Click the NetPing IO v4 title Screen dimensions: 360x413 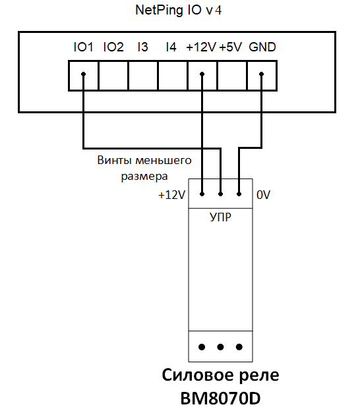click(x=179, y=11)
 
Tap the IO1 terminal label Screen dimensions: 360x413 click(x=83, y=47)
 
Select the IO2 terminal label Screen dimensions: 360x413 click(x=113, y=47)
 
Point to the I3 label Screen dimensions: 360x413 click(x=142, y=47)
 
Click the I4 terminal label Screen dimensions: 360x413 click(x=171, y=47)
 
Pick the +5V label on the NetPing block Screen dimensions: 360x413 click(x=230, y=47)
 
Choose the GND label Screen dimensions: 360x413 click(x=262, y=47)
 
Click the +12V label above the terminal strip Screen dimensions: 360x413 click(x=201, y=47)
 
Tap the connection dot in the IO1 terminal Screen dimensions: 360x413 click(x=83, y=74)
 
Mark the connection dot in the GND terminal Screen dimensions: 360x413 click(x=261, y=74)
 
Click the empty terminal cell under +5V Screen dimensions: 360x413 click(x=232, y=76)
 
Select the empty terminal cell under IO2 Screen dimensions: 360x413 click(x=113, y=76)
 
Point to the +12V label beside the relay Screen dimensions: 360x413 click(x=171, y=195)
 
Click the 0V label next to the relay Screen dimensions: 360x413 click(x=264, y=195)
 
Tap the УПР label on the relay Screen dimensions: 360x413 click(x=220, y=217)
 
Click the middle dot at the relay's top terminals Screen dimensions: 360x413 click(x=220, y=194)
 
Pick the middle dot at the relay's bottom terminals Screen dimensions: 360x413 click(x=220, y=347)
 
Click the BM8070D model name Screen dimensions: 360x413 click(x=220, y=398)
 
